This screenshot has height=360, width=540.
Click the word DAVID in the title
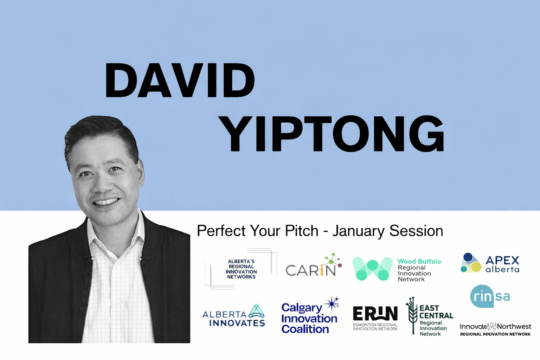point(180,81)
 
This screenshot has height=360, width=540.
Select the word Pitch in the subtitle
point(302,231)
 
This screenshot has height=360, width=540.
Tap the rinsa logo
point(490,296)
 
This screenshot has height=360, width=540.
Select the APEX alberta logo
point(490,264)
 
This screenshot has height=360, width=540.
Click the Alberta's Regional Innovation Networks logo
point(241,269)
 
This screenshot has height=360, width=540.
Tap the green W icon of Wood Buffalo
point(372,269)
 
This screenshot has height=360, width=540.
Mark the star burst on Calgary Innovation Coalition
point(332,303)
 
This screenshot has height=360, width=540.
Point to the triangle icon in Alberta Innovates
point(256,311)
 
